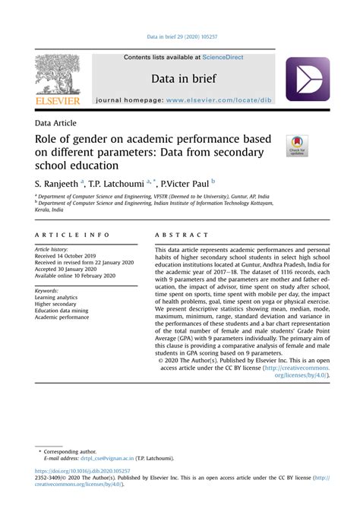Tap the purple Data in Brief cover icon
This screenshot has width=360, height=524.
[x=307, y=79]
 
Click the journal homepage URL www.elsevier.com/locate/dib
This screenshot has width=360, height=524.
[x=228, y=100]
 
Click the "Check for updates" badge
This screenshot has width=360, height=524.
[x=296, y=146]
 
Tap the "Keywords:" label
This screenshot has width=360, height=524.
[x=48, y=290]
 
